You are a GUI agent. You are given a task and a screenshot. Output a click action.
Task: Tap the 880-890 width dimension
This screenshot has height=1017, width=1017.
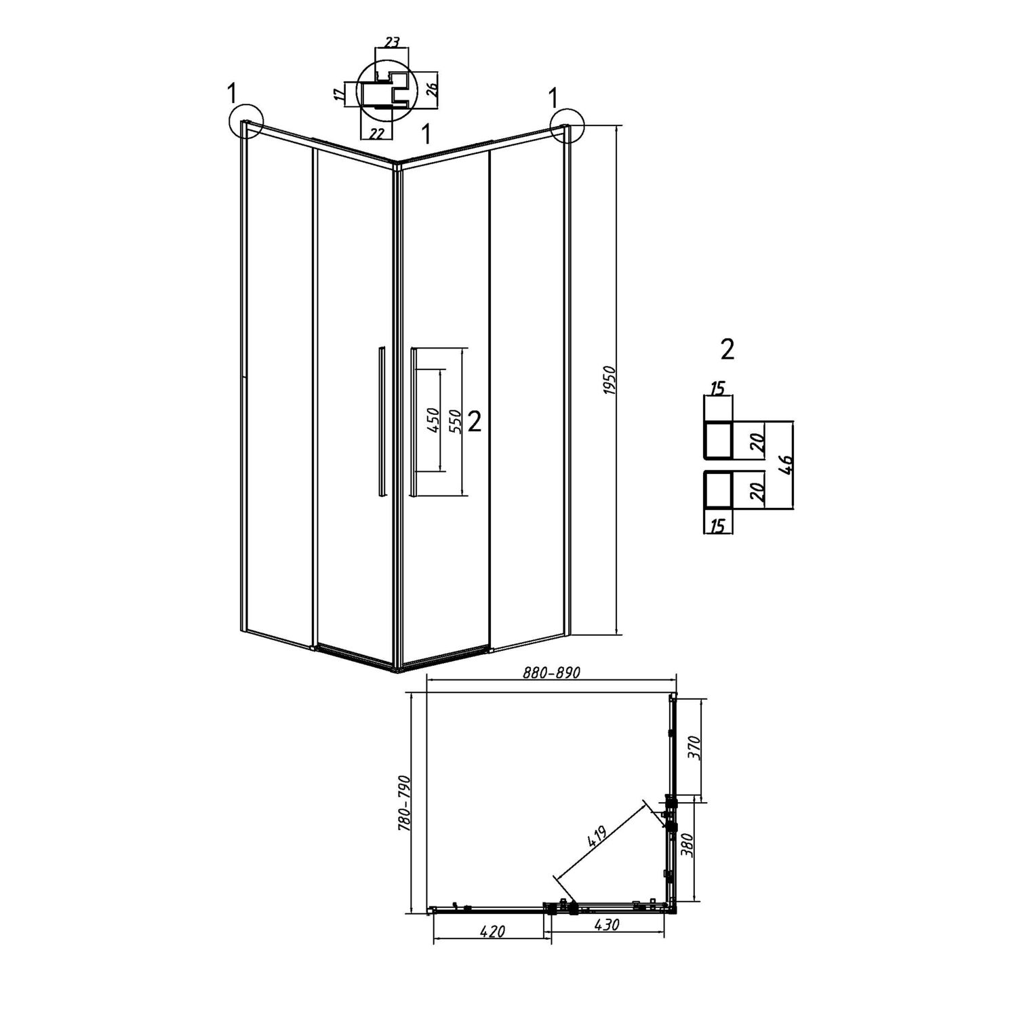click(552, 673)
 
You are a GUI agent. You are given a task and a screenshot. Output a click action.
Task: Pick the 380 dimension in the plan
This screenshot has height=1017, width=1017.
click(689, 845)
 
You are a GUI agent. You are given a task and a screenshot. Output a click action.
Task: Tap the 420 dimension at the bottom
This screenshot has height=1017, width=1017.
click(492, 932)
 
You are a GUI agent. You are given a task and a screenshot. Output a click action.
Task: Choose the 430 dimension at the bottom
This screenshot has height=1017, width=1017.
click(607, 923)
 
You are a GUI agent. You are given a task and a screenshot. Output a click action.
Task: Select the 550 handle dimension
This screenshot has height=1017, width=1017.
click(456, 421)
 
